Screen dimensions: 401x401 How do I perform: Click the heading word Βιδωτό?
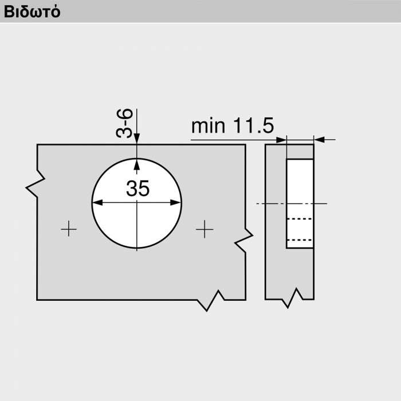point(32,12)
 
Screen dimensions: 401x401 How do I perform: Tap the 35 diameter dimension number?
point(137,188)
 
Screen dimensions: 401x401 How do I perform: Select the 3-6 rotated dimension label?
point(124,123)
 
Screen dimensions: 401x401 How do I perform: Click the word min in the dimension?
point(208,125)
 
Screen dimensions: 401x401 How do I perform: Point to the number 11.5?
point(253,125)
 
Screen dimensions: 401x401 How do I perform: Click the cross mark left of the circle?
point(69,229)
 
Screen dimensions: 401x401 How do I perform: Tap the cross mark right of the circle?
point(205,229)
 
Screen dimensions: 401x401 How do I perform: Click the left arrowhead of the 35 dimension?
point(97,203)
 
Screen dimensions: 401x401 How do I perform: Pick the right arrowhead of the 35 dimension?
point(175,203)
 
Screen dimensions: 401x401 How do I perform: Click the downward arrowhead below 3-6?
point(137,139)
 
